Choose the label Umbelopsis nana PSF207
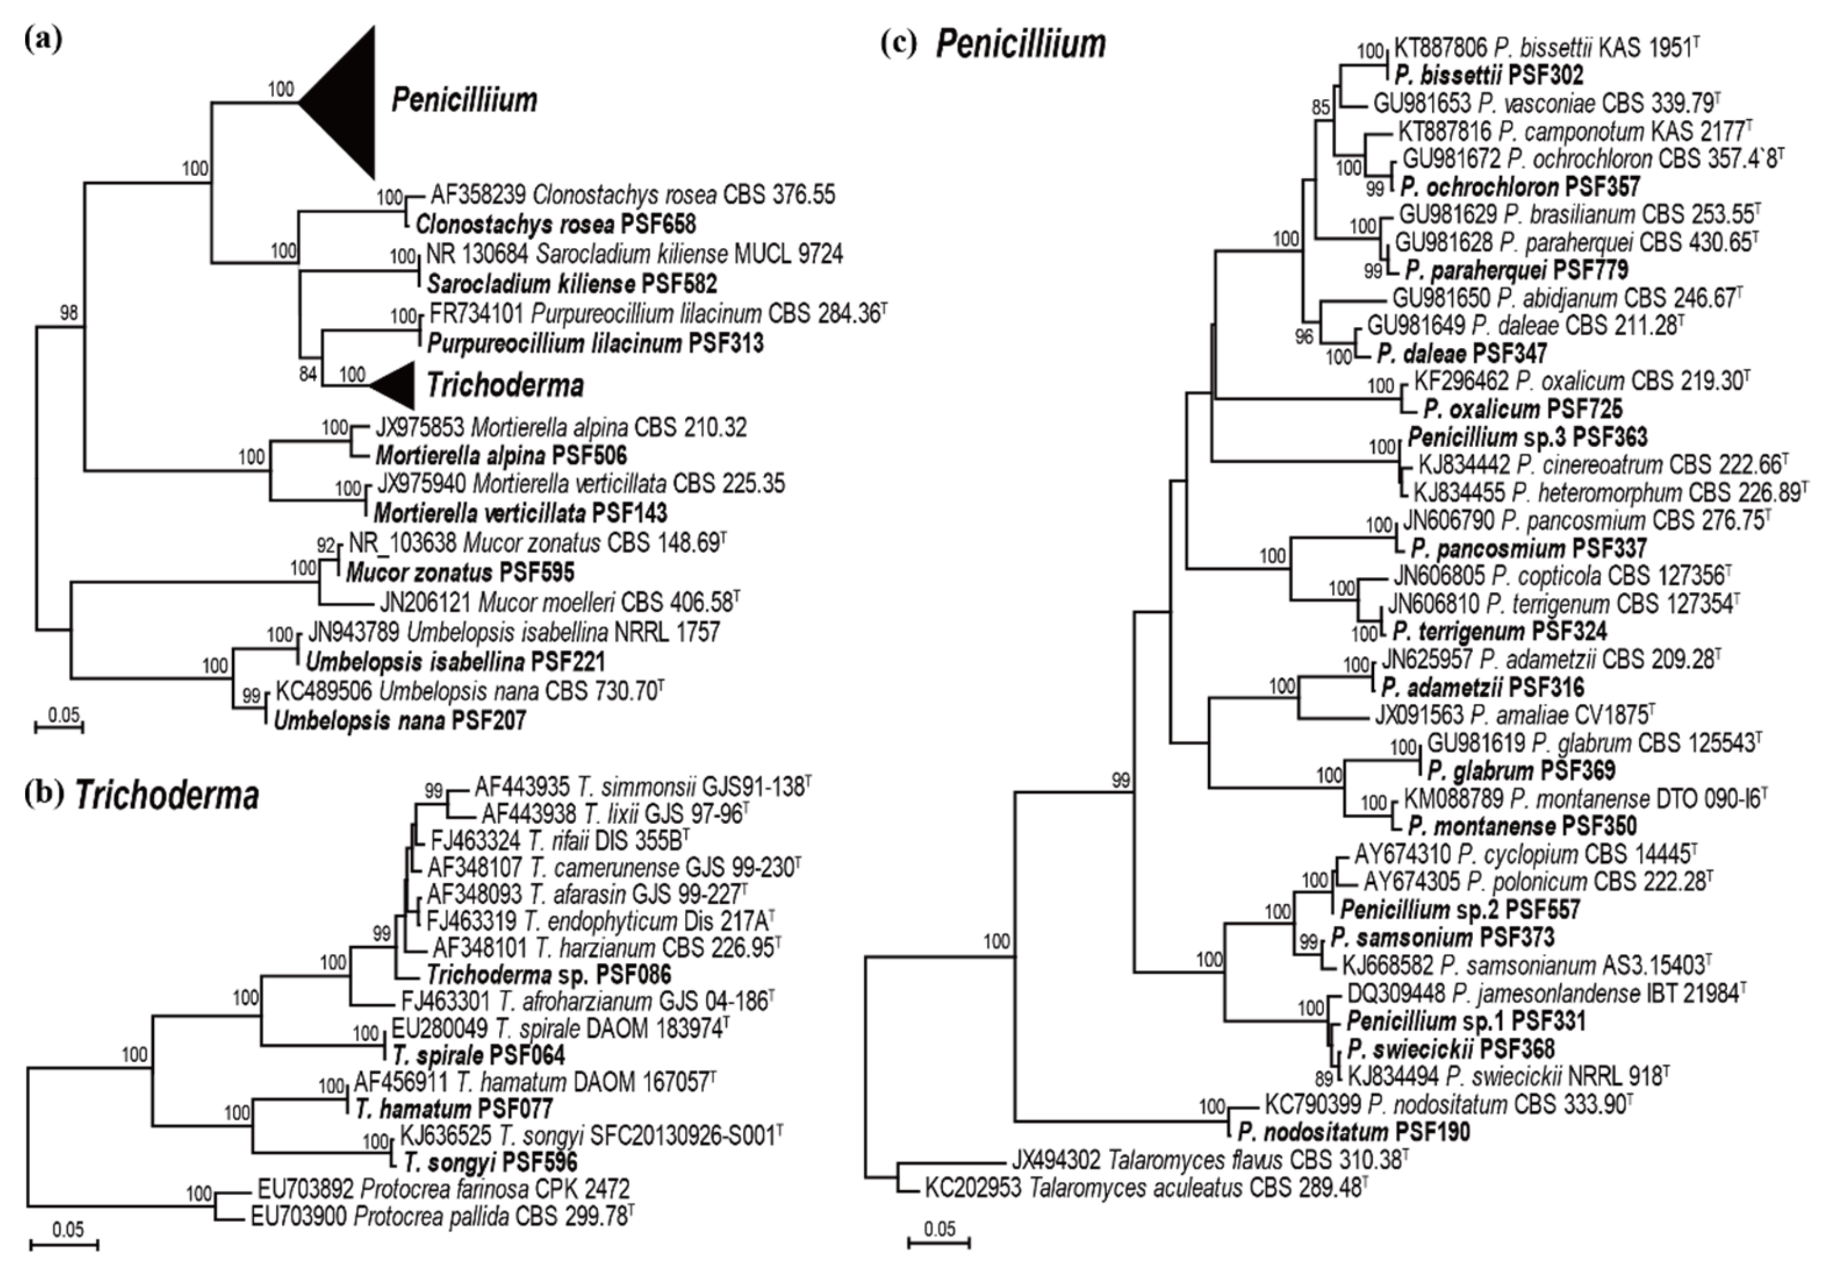399,721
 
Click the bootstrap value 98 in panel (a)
69,314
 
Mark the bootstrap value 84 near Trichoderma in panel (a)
308,373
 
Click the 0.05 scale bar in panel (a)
60,724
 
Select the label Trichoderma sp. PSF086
548,974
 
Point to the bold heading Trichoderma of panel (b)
167,796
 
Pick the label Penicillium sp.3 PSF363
1527,437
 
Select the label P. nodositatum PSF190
1353,1131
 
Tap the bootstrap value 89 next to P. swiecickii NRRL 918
1323,1079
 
